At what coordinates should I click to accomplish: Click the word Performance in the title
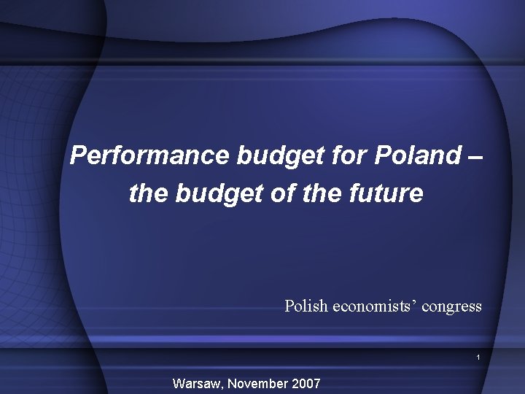(150, 155)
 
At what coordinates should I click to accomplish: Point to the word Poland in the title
(418, 155)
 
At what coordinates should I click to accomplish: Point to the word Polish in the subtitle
(306, 306)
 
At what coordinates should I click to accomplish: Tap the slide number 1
(478, 358)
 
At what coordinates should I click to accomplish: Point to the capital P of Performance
(78, 155)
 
